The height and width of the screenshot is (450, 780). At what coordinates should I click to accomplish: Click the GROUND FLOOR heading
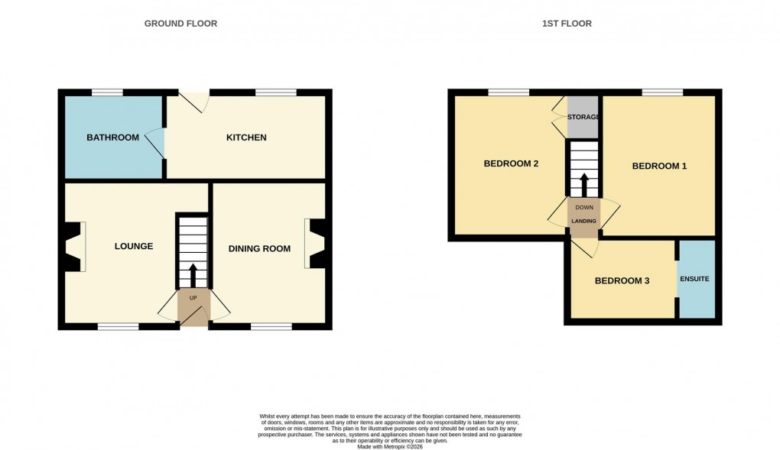click(180, 24)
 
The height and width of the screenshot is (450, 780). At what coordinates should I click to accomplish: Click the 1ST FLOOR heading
click(567, 24)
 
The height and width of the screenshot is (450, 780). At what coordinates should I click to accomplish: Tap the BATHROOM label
click(112, 138)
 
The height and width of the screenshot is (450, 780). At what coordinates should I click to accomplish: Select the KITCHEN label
click(246, 138)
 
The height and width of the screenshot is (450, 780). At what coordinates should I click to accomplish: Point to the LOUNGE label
click(134, 246)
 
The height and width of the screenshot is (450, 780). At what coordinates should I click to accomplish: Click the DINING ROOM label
click(260, 248)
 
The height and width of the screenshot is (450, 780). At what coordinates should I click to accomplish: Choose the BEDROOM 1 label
click(659, 166)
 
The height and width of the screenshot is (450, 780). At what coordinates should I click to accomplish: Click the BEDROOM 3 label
click(622, 280)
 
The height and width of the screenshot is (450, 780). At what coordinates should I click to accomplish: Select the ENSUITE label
click(696, 279)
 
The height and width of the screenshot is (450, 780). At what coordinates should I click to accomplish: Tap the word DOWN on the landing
click(583, 207)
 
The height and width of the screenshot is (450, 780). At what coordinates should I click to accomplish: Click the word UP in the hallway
click(193, 297)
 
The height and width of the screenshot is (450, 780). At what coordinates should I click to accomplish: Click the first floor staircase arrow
click(583, 183)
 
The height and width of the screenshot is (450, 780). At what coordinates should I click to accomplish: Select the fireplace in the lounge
click(74, 246)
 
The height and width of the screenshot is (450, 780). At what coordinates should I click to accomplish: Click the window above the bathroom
click(108, 92)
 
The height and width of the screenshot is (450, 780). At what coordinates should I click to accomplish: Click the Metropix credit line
click(390, 446)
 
